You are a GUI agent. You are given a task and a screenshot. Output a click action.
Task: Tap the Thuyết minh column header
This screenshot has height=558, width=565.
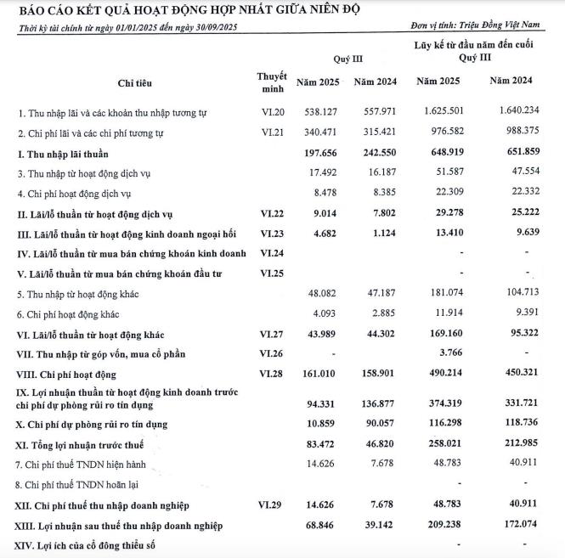(272, 82)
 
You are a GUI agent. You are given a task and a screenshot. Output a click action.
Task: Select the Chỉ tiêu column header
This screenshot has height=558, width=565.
(135, 82)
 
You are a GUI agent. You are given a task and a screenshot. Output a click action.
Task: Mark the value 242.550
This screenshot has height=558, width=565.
(371, 153)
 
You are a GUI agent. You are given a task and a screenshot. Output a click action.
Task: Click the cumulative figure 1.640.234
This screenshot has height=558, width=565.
(511, 112)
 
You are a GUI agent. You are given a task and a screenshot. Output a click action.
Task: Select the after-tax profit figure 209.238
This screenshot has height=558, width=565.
(438, 526)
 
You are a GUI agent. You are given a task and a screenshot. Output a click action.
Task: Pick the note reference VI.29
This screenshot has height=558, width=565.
(272, 505)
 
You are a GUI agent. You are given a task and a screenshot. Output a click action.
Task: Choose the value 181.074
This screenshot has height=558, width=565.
(438, 294)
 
